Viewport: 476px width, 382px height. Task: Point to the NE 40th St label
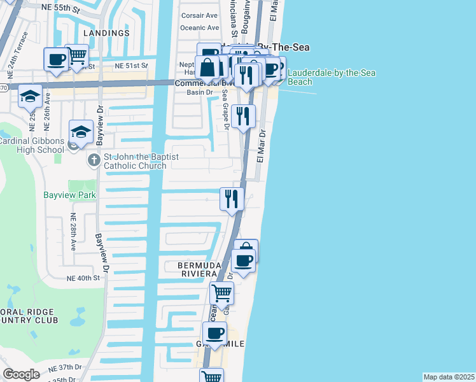(84, 278)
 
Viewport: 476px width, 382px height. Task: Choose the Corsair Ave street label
(199, 15)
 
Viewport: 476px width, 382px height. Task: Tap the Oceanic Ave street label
(200, 28)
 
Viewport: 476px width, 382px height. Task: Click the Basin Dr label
(198, 92)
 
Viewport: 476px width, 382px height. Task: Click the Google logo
(21, 374)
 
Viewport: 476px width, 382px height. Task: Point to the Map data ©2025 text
(449, 377)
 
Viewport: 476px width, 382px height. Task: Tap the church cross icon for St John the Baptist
(94, 157)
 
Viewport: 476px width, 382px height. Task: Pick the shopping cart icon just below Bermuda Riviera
(221, 293)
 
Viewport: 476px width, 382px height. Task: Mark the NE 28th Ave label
(73, 230)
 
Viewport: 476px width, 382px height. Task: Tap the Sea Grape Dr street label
(225, 108)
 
